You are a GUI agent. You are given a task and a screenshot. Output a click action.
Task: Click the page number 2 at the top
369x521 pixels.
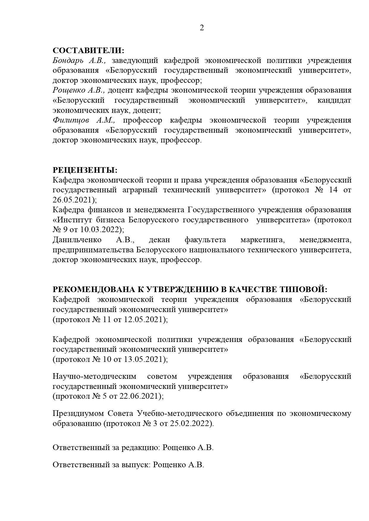tap(202, 28)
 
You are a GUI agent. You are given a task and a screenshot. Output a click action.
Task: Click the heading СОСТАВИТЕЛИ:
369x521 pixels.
tap(88, 50)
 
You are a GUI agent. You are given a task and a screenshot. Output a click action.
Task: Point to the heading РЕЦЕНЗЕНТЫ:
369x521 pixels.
tap(85, 170)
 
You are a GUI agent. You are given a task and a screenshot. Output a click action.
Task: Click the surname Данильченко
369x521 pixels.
tap(77, 240)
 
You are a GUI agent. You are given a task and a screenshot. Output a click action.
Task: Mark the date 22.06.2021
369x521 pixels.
tap(139, 396)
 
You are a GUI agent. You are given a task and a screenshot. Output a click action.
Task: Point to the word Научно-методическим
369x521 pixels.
tap(94, 377)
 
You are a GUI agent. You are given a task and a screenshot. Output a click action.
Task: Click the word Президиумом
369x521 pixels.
tap(78, 414)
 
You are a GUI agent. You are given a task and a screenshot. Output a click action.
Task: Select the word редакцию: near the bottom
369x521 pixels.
tap(141, 448)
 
